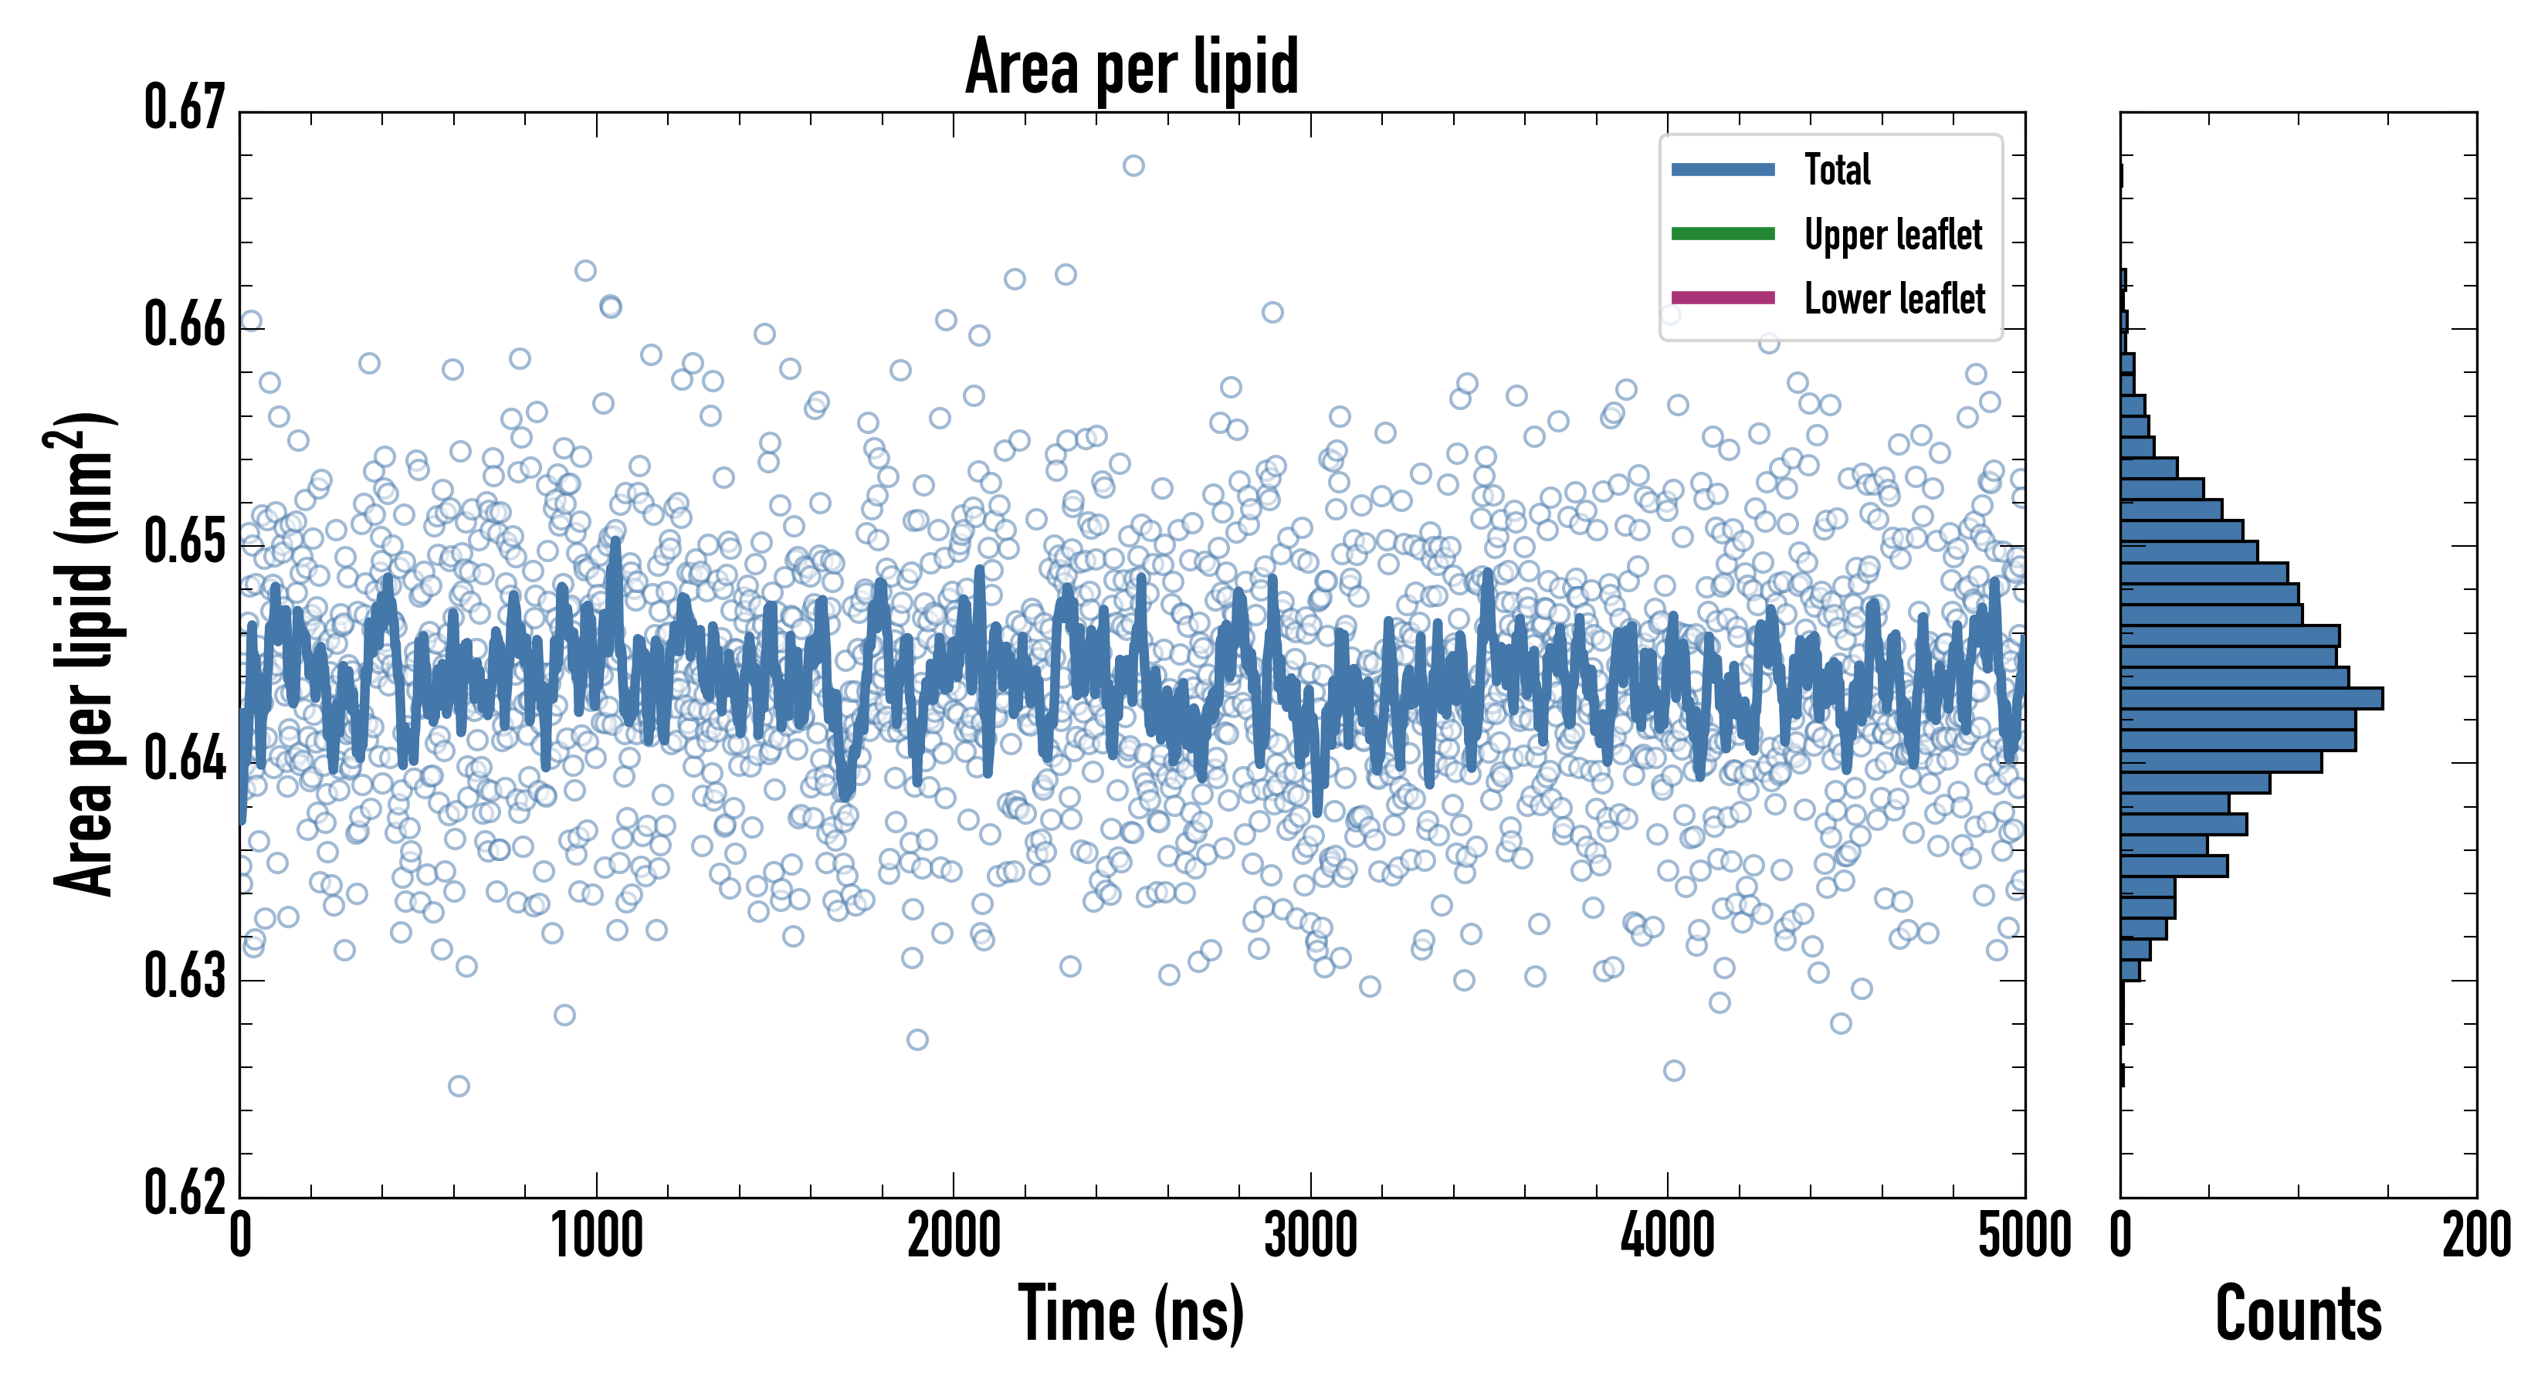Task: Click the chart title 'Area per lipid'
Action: pyautogui.click(x=1132, y=67)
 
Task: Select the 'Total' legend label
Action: pyautogui.click(x=1837, y=169)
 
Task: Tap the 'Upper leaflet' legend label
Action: pyautogui.click(x=1892, y=235)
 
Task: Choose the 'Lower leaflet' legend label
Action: pyautogui.click(x=1894, y=298)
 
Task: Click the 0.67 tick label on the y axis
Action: pyautogui.click(x=185, y=109)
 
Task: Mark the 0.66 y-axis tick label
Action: pyautogui.click(x=185, y=324)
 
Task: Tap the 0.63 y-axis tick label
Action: pyautogui.click(x=185, y=976)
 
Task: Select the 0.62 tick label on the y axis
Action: pyautogui.click(x=185, y=1192)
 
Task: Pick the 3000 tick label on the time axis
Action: pyautogui.click(x=1310, y=1236)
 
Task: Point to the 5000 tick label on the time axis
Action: pyautogui.click(x=2024, y=1236)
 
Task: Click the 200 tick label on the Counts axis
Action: pyautogui.click(x=2475, y=1236)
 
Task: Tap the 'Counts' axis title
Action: pyautogui.click(x=2298, y=1314)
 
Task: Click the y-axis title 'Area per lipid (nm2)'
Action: pyautogui.click(x=85, y=653)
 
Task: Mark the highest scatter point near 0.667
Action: pyautogui.click(x=1133, y=165)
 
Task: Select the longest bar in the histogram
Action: pyautogui.click(x=2252, y=698)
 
